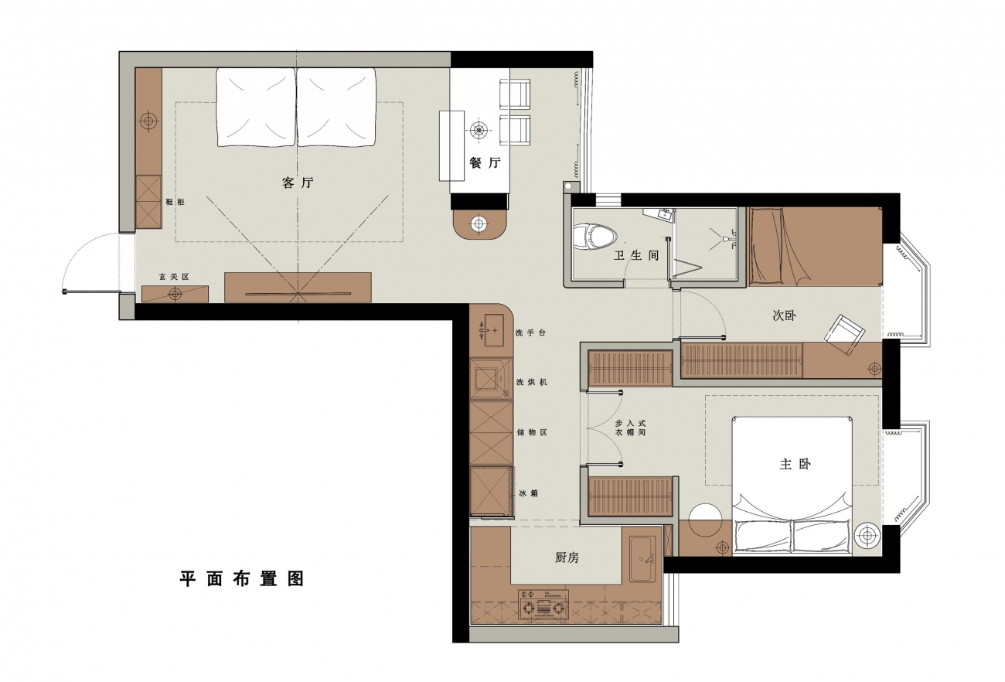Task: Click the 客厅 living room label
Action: coord(298,182)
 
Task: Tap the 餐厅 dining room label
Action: coord(485,162)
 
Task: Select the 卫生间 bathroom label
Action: coord(637,255)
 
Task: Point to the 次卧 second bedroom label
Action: coord(784,315)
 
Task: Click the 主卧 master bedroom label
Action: coord(795,464)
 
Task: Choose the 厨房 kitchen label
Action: coord(567,558)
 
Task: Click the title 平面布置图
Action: coord(242,579)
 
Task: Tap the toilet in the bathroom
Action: coord(595,237)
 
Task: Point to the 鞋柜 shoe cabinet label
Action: coord(175,202)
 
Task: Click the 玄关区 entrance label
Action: coord(174,277)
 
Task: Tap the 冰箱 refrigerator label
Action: coord(529,493)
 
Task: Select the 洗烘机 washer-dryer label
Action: coord(531,382)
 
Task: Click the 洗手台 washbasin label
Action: coord(531,333)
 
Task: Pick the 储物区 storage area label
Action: coord(532,432)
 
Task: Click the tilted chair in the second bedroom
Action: coord(844,335)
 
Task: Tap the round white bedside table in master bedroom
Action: coord(706,520)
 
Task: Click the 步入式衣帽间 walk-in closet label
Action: coord(630,428)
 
